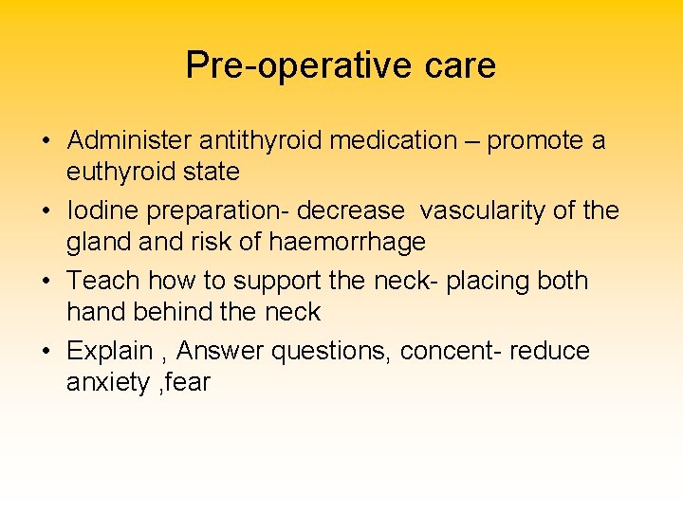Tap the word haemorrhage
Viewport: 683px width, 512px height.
point(347,242)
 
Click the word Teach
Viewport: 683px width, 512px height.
point(102,281)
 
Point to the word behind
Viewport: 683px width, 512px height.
point(182,312)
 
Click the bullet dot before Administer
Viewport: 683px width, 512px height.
point(46,142)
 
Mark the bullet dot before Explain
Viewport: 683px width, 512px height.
point(46,353)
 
